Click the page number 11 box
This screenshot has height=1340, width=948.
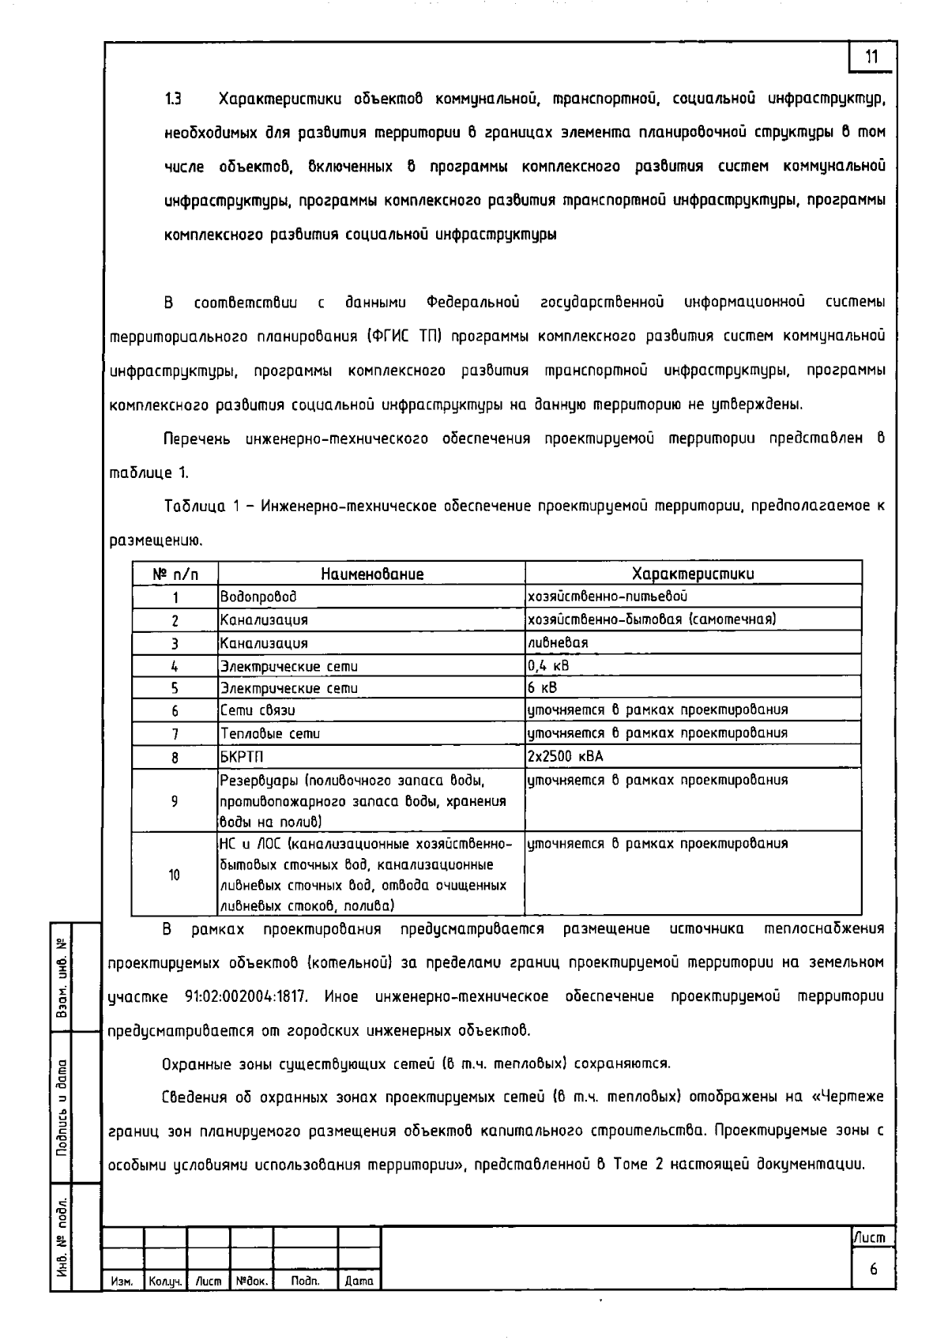[x=872, y=57]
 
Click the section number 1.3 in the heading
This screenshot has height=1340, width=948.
[x=173, y=100]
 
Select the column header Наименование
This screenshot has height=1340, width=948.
[x=371, y=574]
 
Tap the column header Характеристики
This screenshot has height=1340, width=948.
[x=693, y=574]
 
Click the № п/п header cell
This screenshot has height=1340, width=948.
[x=175, y=574]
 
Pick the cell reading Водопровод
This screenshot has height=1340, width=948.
[x=259, y=597]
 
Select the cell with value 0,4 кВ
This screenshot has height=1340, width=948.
[x=548, y=665]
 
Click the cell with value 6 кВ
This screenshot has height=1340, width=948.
[x=543, y=687]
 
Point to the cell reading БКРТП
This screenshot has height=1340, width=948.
[x=242, y=757]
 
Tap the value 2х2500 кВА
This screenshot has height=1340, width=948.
[x=565, y=756]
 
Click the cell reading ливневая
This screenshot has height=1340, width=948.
[x=558, y=642]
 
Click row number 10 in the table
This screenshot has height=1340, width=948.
[x=175, y=875]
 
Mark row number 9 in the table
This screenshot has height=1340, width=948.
[x=175, y=801]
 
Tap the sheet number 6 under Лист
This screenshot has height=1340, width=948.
[x=873, y=1270]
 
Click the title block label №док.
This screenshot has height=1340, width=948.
[x=252, y=1281]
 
